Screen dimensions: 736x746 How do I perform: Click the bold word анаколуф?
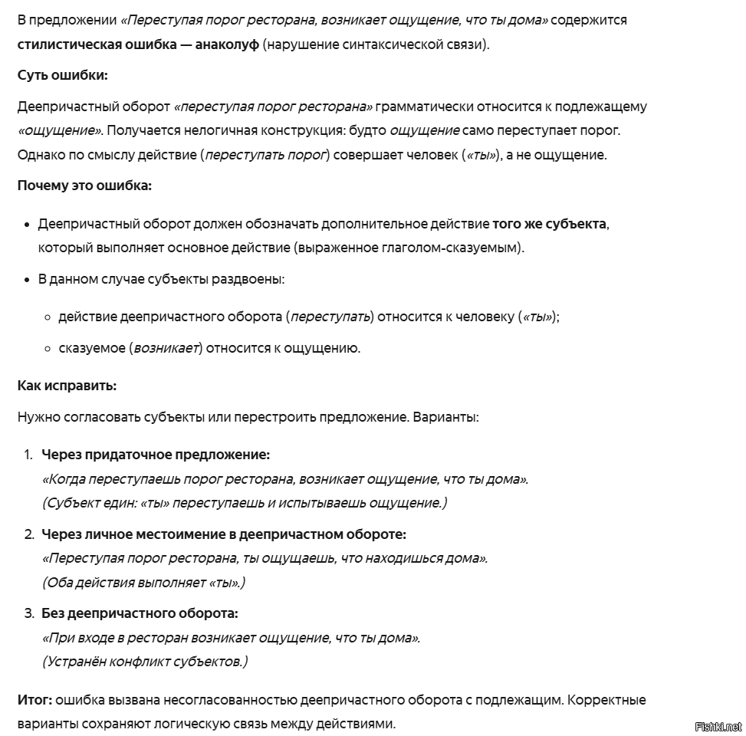(227, 44)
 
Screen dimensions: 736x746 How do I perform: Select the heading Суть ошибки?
(63, 75)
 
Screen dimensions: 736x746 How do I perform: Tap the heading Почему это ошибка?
(84, 186)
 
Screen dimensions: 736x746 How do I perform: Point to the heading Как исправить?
(67, 385)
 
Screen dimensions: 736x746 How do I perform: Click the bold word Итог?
(35, 700)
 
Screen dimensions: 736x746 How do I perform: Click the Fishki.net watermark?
(718, 725)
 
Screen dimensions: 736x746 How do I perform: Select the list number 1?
(28, 455)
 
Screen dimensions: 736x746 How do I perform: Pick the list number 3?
(28, 613)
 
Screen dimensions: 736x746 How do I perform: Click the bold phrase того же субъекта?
(550, 225)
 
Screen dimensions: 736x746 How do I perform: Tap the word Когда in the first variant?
(67, 479)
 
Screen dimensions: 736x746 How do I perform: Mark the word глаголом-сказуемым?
(452, 248)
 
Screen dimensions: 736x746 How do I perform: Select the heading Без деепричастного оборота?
(140, 613)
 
